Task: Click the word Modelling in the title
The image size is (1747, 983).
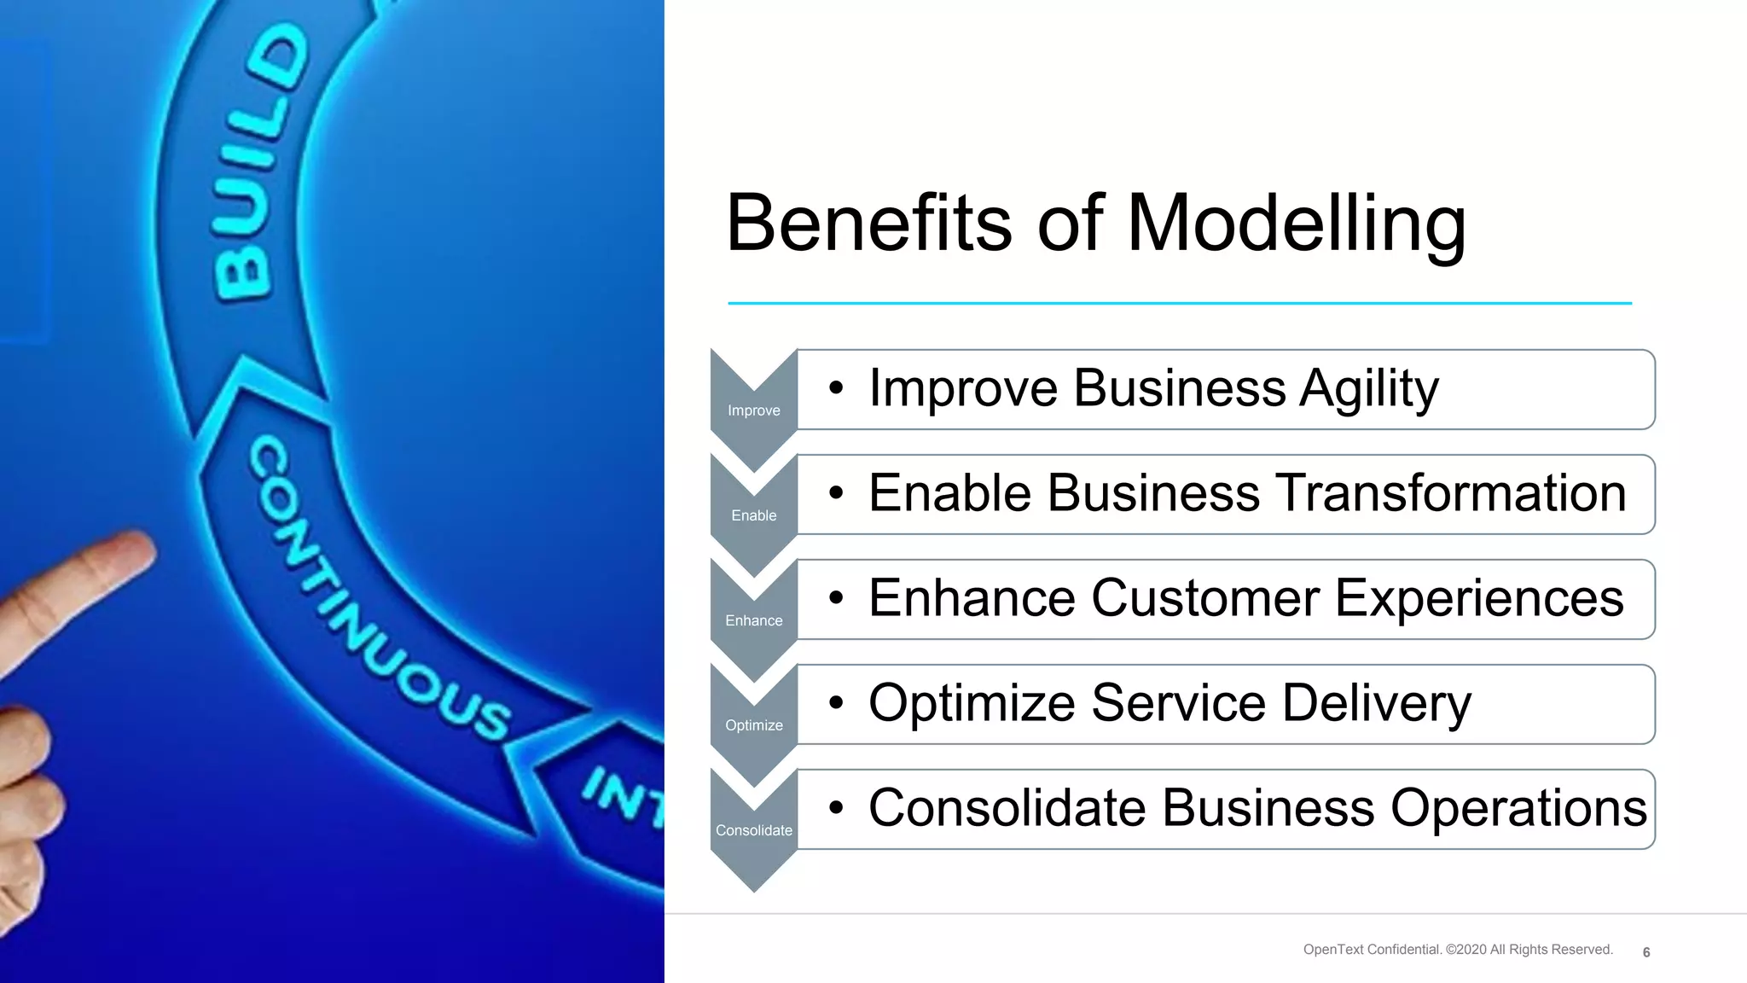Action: (x=1296, y=224)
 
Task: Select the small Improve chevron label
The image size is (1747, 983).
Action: (x=753, y=410)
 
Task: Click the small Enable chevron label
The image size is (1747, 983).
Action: (x=753, y=515)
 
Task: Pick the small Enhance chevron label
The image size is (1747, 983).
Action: (x=753, y=620)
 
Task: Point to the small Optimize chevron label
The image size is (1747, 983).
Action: (x=753, y=725)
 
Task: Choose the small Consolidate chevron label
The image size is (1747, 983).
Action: (x=753, y=830)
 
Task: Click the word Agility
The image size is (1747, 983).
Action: (x=1368, y=389)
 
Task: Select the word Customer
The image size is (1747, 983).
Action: (x=1204, y=598)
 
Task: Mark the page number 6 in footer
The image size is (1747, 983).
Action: (x=1645, y=952)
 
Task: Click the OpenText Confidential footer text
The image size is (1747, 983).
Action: (x=1457, y=950)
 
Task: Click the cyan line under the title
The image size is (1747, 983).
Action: (x=1179, y=303)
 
